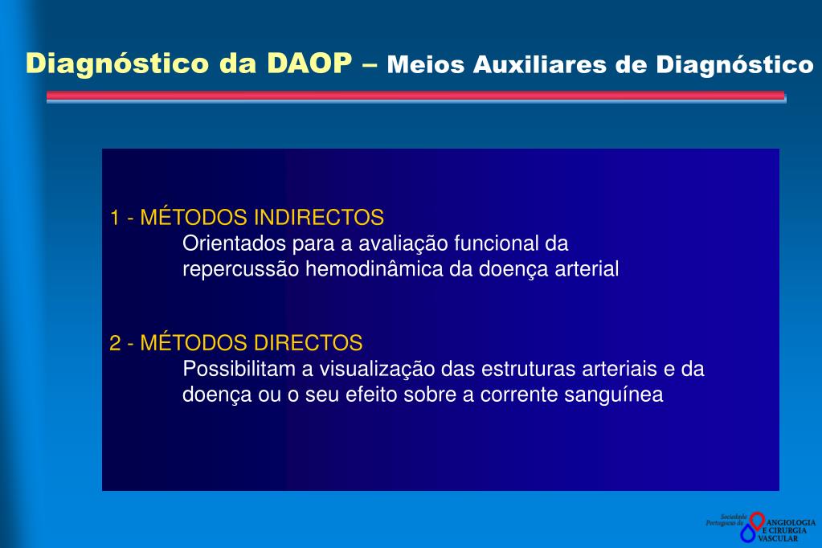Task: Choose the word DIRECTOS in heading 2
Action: click(309, 344)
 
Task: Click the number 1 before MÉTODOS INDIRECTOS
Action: click(115, 218)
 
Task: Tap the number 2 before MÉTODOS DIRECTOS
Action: click(115, 344)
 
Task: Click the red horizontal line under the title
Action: click(415, 95)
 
